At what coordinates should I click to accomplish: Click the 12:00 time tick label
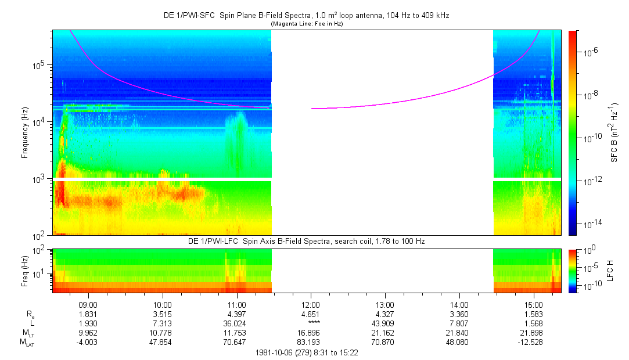tap(311, 304)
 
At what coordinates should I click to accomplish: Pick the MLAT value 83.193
tap(311, 342)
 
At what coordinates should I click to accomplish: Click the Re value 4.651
tap(311, 314)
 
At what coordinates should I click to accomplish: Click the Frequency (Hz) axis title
tap(25, 132)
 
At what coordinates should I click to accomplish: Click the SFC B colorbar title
tap(614, 132)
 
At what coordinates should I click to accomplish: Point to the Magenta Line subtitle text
tap(306, 23)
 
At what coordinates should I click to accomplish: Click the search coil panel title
tap(306, 241)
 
